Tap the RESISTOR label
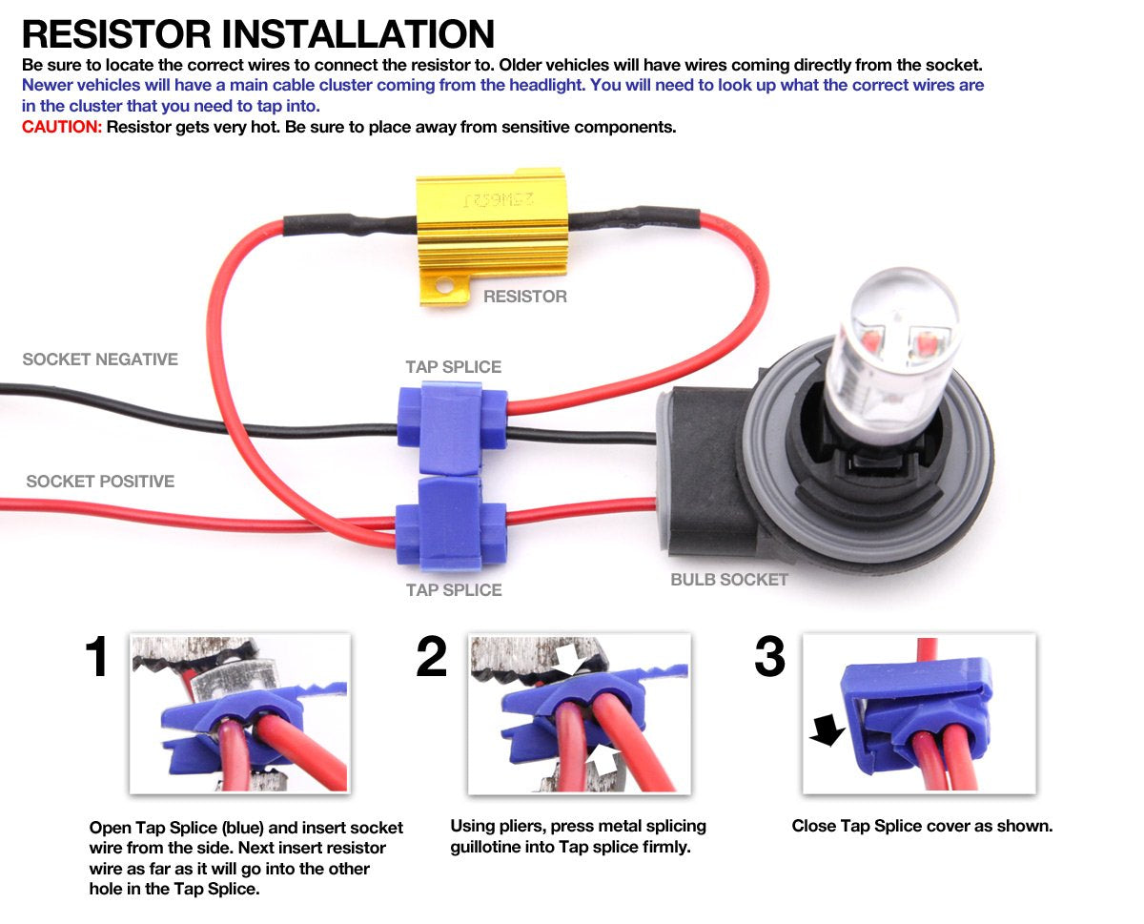(x=524, y=297)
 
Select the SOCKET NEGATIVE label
(x=100, y=359)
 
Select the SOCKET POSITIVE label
(x=100, y=482)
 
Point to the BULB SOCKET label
(x=729, y=580)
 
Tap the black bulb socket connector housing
(x=696, y=477)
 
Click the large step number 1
(x=98, y=658)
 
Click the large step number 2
(x=432, y=658)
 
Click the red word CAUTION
(x=61, y=127)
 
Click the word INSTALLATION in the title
(x=358, y=34)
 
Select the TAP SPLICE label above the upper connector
(x=453, y=367)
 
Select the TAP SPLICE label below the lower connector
(x=454, y=590)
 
